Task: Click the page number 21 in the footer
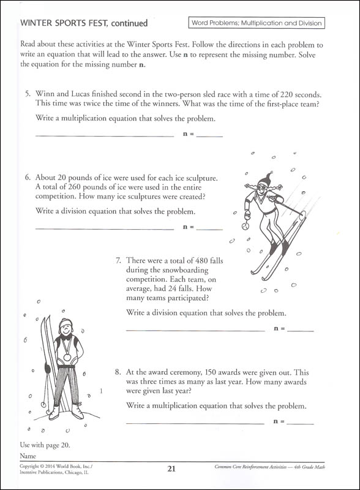(171, 469)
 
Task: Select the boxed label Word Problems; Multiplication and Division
(256, 23)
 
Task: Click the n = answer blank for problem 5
(210, 135)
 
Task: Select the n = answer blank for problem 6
(210, 228)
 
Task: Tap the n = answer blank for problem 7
(300, 330)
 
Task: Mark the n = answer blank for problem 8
(300, 423)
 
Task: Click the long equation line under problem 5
(105, 135)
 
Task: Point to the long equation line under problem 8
(195, 423)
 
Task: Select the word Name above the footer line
(28, 457)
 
